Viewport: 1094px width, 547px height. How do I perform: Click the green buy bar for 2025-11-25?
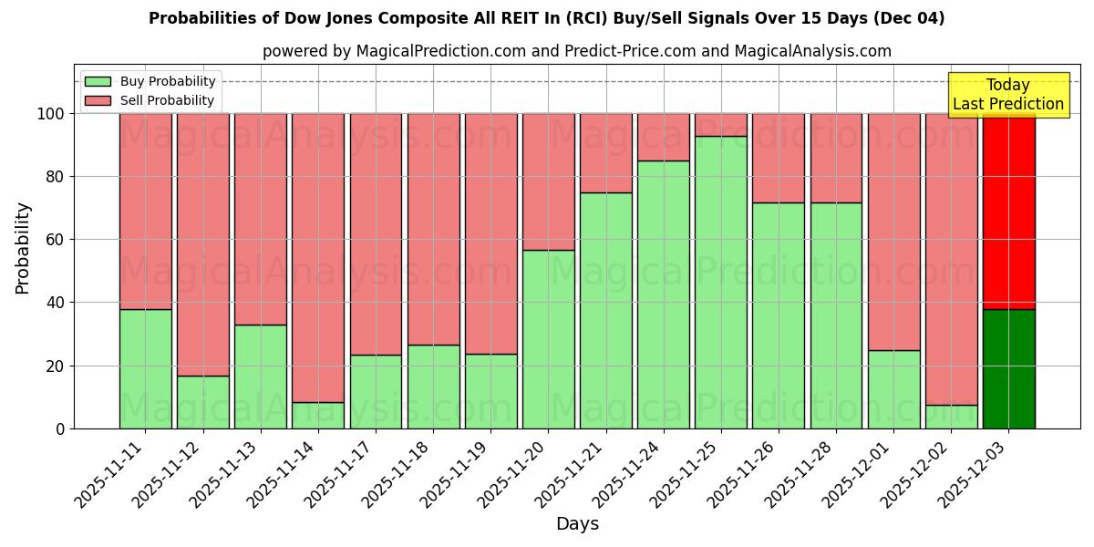721,283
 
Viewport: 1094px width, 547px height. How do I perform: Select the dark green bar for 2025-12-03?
1009,369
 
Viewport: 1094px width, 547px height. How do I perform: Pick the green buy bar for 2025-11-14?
318,416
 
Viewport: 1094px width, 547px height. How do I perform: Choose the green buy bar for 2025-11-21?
605,311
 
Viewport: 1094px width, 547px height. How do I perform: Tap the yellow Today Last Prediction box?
1008,95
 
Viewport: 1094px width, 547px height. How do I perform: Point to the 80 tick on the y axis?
54,177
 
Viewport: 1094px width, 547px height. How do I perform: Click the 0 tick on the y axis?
60,428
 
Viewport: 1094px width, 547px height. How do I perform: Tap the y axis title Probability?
23,248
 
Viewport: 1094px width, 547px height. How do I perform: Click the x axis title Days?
577,524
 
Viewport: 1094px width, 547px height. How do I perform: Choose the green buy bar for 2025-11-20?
548,339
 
